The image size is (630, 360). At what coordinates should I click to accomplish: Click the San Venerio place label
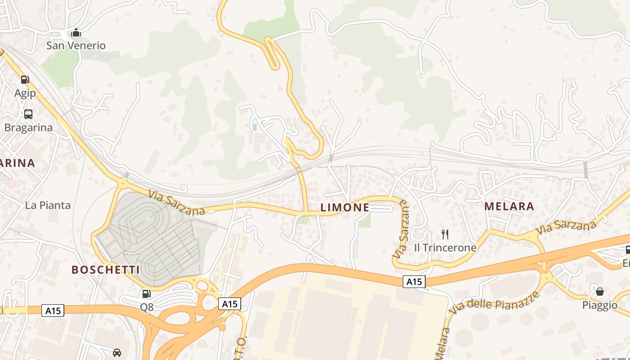tap(76, 45)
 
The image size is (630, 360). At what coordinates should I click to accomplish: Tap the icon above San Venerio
tap(76, 33)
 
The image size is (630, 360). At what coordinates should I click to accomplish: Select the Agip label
tap(25, 93)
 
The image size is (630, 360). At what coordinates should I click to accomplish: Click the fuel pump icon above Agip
tap(25, 80)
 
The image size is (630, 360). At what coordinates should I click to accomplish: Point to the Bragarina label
tap(28, 127)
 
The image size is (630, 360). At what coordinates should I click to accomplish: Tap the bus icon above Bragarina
tap(28, 114)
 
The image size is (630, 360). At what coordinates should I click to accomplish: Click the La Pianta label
tap(48, 205)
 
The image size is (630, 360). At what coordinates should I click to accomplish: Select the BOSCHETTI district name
tap(106, 270)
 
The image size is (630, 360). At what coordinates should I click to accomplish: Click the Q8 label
tap(147, 307)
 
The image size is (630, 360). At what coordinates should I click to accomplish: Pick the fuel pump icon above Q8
tap(147, 294)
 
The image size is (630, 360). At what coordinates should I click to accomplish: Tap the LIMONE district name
tap(345, 207)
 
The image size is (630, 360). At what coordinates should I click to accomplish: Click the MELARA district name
tap(509, 207)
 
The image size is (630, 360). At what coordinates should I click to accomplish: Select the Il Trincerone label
tap(445, 247)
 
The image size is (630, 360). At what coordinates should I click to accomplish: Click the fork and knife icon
tap(445, 234)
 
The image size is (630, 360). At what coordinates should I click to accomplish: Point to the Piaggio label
tap(600, 305)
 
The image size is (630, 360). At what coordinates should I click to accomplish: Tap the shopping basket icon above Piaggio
tap(600, 292)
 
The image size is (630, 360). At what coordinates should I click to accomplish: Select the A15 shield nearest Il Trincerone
tap(414, 282)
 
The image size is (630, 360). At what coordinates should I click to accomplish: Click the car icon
tap(117, 352)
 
